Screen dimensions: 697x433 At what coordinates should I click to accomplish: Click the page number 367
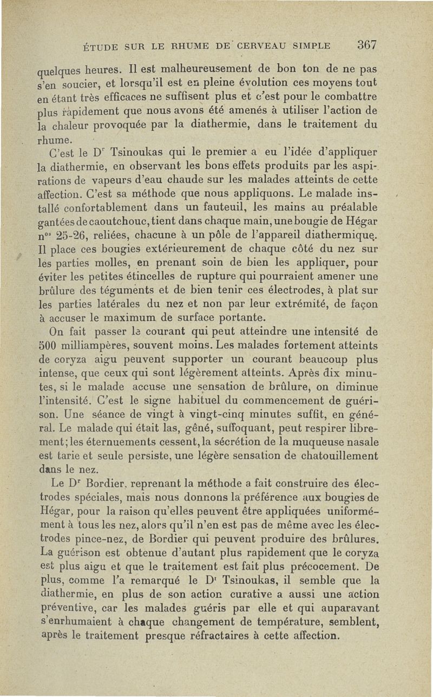click(x=366, y=44)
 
